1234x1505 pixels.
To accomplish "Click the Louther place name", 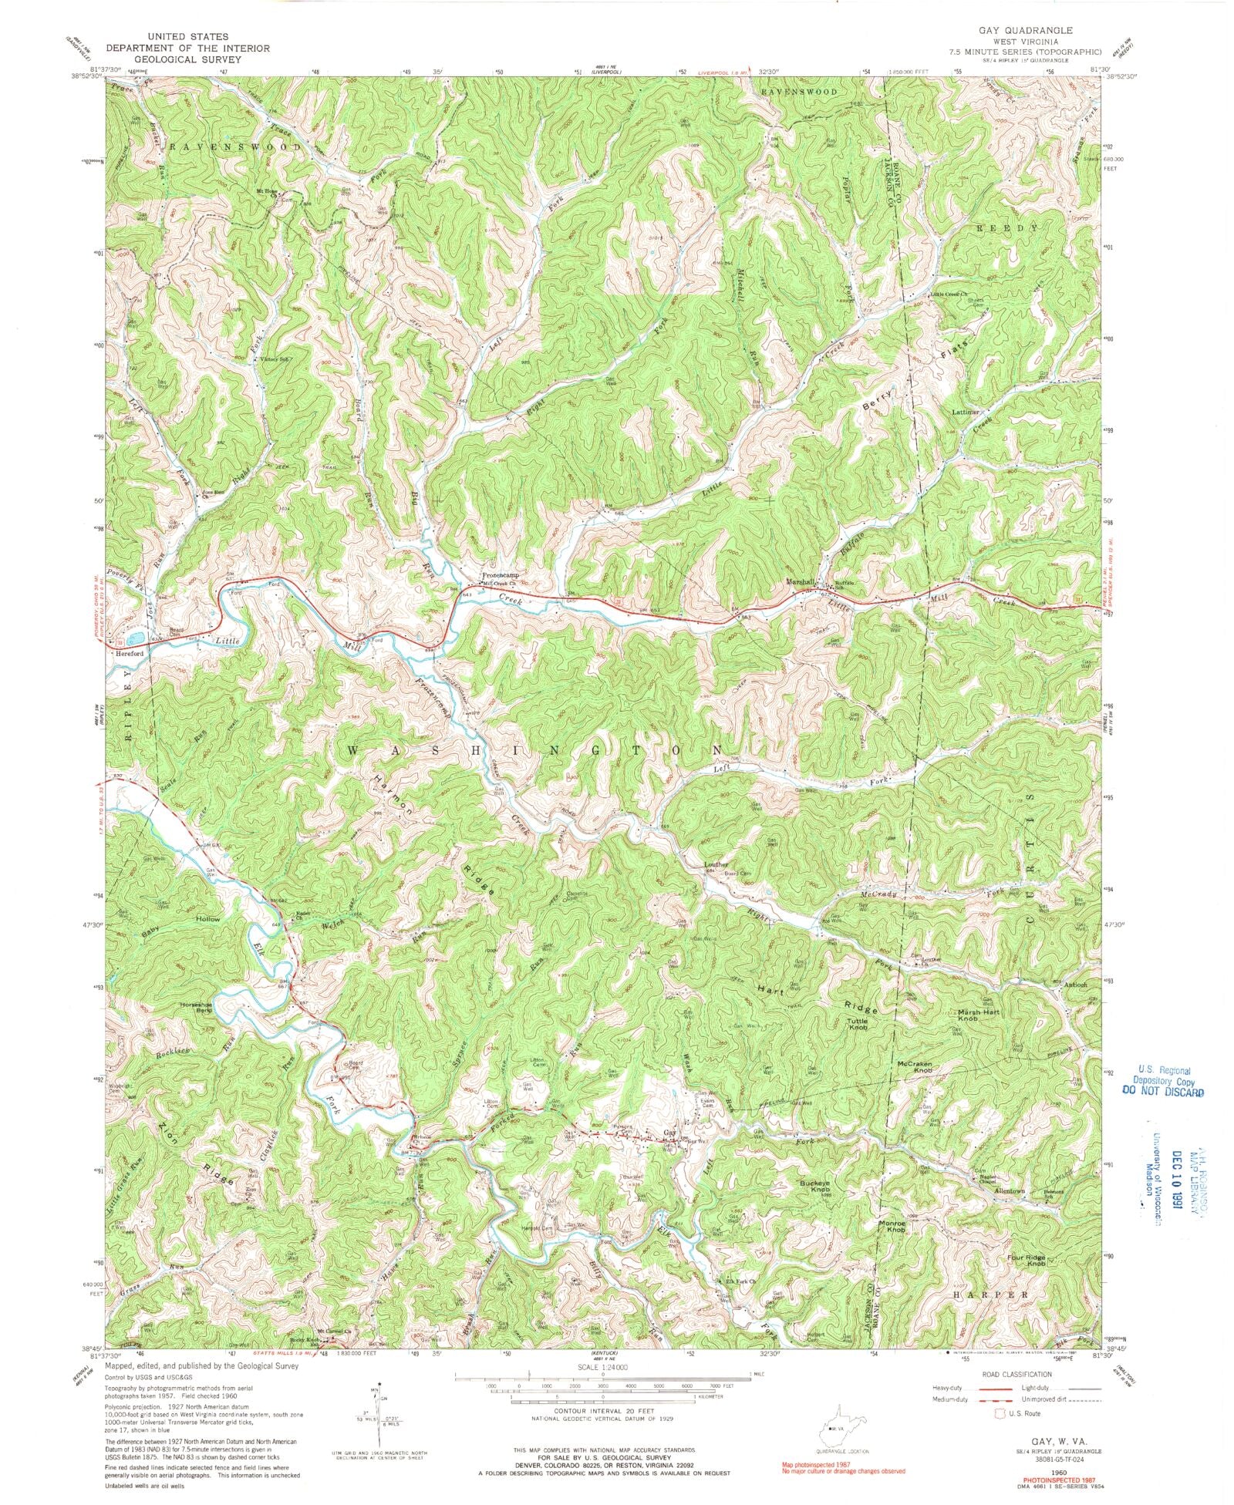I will pos(716,864).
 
